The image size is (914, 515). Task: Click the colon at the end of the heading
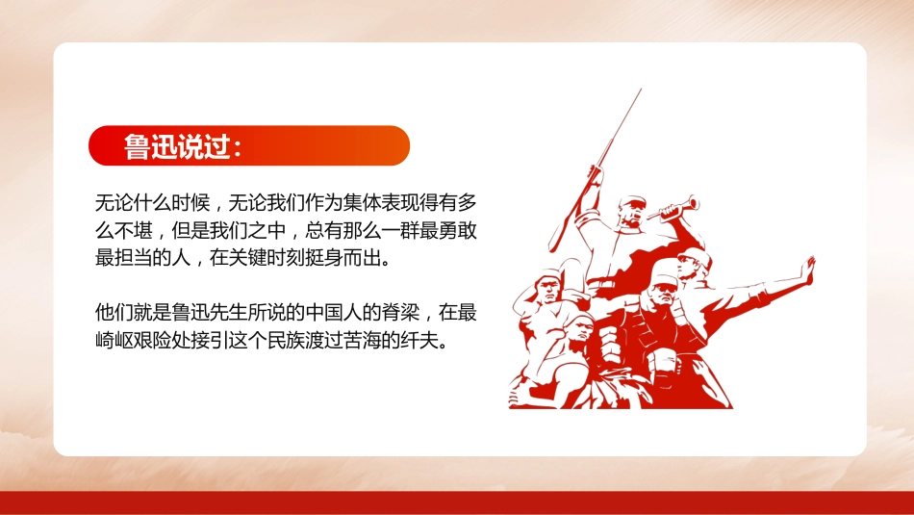(237, 146)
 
